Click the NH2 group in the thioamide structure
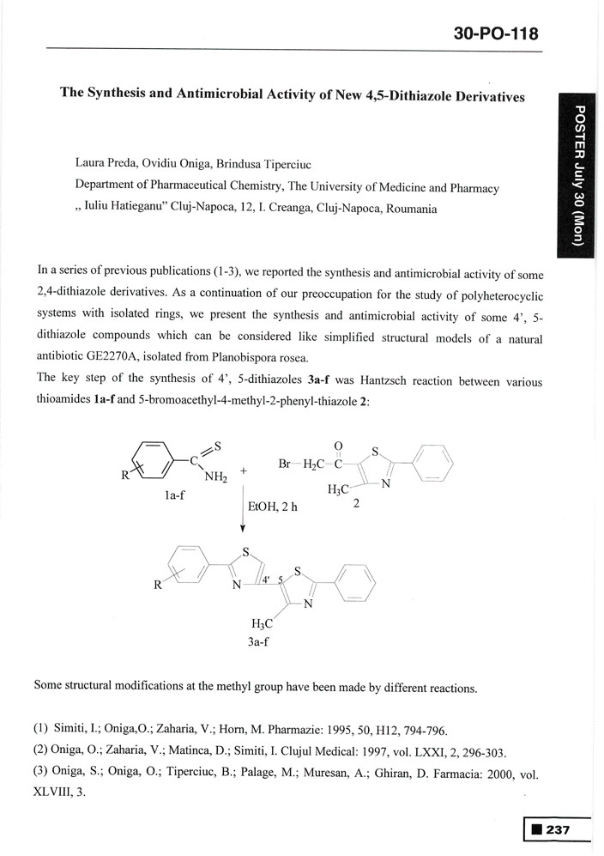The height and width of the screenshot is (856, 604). tap(216, 478)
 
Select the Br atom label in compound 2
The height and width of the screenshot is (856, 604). tap(287, 464)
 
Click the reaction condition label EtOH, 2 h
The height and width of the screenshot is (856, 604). tap(272, 507)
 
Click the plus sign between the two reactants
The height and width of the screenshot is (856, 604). tap(244, 470)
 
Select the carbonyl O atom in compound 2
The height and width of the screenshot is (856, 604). tap(338, 446)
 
